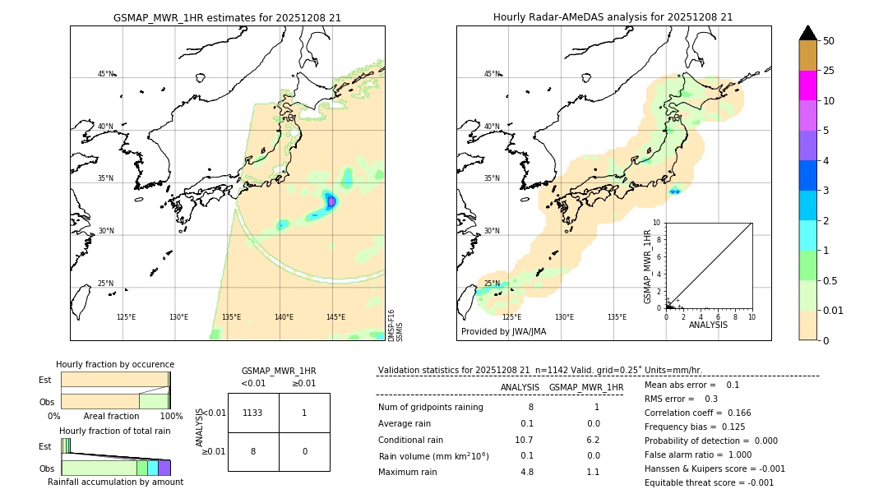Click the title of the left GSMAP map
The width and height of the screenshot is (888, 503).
tap(227, 17)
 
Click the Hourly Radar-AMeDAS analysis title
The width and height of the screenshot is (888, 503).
tap(613, 17)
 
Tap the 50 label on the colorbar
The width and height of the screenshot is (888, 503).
tap(829, 41)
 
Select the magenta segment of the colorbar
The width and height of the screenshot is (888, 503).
tap(807, 85)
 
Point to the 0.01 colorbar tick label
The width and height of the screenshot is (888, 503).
tap(834, 311)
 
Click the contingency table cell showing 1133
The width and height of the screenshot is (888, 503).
tap(252, 413)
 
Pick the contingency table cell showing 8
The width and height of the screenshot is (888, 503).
tap(252, 451)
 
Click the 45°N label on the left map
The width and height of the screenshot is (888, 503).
tap(105, 74)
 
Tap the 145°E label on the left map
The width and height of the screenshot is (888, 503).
tap(335, 317)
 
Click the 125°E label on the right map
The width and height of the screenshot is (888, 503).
tap(511, 317)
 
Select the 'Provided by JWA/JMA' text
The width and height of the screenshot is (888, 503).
tap(503, 331)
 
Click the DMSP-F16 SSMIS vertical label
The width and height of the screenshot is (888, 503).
tap(395, 325)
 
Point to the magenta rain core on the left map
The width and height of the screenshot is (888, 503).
tap(331, 201)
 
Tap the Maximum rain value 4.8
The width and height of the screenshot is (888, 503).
tap(526, 472)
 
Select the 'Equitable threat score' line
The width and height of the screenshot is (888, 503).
tap(709, 482)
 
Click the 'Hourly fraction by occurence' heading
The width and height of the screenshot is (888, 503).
tap(115, 364)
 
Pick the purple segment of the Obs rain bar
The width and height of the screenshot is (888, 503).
tap(164, 468)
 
